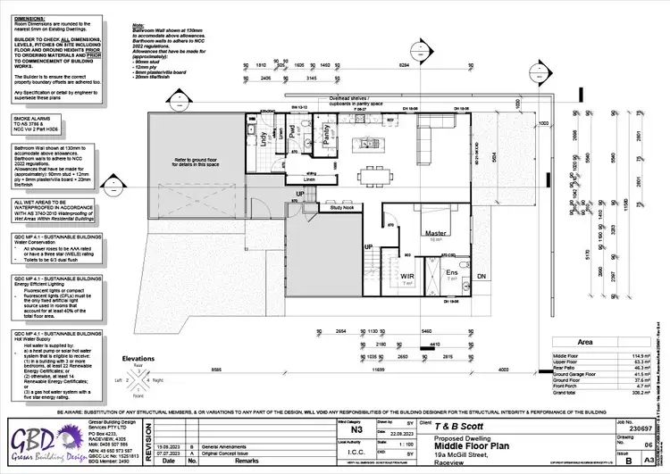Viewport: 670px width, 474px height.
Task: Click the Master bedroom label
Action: click(436, 233)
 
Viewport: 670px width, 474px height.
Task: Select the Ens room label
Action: click(452, 273)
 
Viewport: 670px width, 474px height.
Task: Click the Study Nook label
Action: click(343, 208)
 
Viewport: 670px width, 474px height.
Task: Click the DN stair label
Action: click(481, 277)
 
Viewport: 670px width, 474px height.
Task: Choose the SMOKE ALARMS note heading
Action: click(32, 118)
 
